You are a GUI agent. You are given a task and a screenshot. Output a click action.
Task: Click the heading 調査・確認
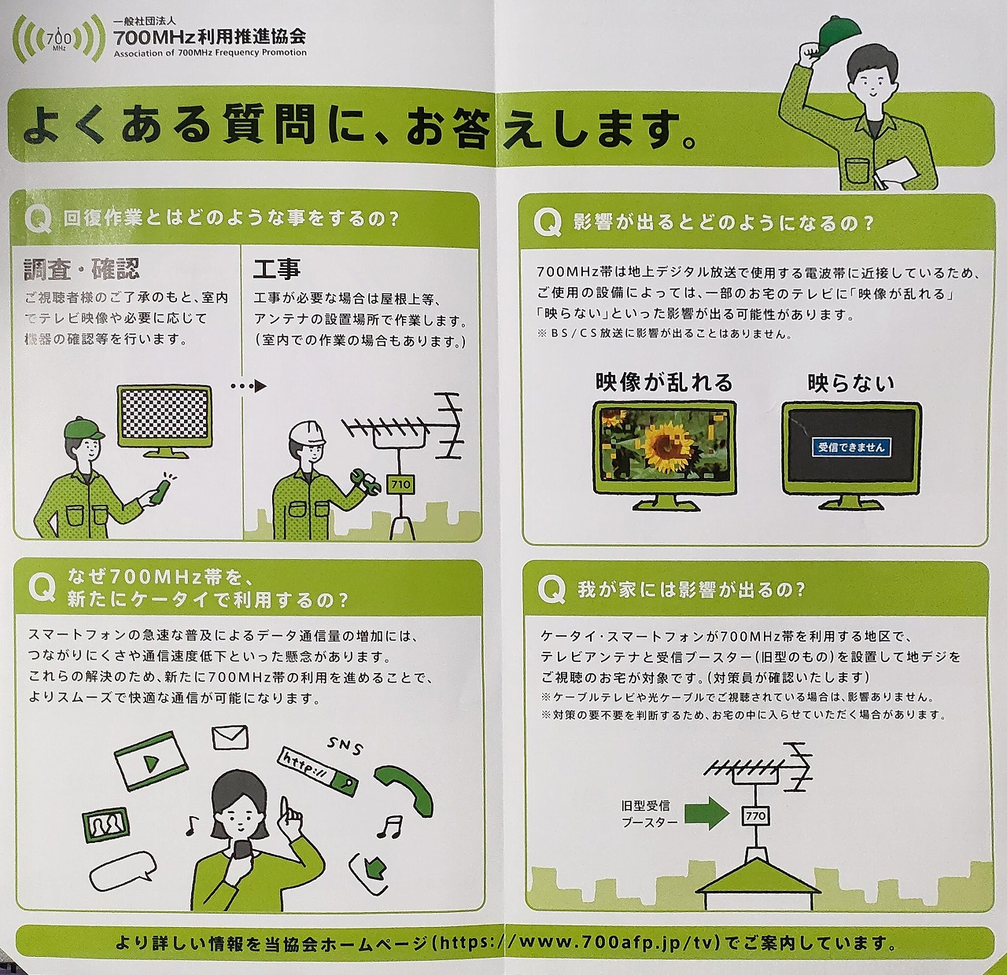[x=82, y=269]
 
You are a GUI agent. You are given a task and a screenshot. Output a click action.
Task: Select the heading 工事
[x=277, y=269]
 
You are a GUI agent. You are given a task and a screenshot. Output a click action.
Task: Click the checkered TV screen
[x=164, y=414]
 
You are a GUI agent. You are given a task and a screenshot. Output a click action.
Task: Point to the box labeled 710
[x=400, y=484]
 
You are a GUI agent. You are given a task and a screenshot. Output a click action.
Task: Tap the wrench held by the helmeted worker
[x=365, y=480]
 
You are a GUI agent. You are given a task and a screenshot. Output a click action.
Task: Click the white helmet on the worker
[x=308, y=432]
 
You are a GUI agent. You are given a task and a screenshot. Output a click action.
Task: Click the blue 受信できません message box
[x=851, y=447]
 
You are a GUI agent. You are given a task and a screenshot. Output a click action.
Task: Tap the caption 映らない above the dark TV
[x=850, y=383]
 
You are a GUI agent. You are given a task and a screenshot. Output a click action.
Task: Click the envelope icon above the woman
[x=231, y=737]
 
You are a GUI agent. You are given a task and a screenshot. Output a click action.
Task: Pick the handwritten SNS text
[x=345, y=746]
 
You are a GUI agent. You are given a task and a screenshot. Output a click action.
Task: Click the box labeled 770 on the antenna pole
[x=756, y=816]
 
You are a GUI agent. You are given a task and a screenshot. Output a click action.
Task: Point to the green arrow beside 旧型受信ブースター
[x=706, y=814]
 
